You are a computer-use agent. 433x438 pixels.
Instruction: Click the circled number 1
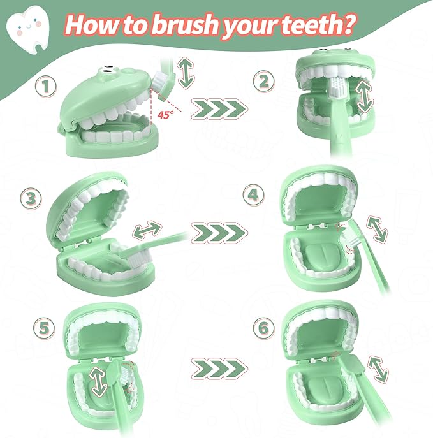tap(46, 86)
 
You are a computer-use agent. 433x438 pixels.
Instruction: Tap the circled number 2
tap(264, 81)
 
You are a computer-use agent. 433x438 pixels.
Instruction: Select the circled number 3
tap(31, 199)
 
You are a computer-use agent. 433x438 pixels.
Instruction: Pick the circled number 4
tap(254, 194)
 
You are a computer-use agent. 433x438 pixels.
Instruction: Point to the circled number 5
tap(44, 328)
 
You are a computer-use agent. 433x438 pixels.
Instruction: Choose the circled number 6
tap(264, 328)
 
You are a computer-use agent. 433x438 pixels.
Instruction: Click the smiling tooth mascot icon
tap(28, 29)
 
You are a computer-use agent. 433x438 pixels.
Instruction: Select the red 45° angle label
tap(165, 115)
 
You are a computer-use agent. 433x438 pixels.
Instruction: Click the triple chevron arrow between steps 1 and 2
tap(219, 108)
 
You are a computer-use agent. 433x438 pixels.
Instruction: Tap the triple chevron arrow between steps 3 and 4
tap(219, 233)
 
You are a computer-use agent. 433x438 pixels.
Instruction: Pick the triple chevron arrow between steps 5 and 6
tap(219, 368)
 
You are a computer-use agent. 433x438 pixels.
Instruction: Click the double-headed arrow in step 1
tap(186, 73)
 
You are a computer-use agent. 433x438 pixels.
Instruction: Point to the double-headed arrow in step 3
tap(147, 230)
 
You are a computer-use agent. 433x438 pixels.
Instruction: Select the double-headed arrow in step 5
tap(99, 381)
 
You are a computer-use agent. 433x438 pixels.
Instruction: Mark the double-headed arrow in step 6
tap(378, 369)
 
